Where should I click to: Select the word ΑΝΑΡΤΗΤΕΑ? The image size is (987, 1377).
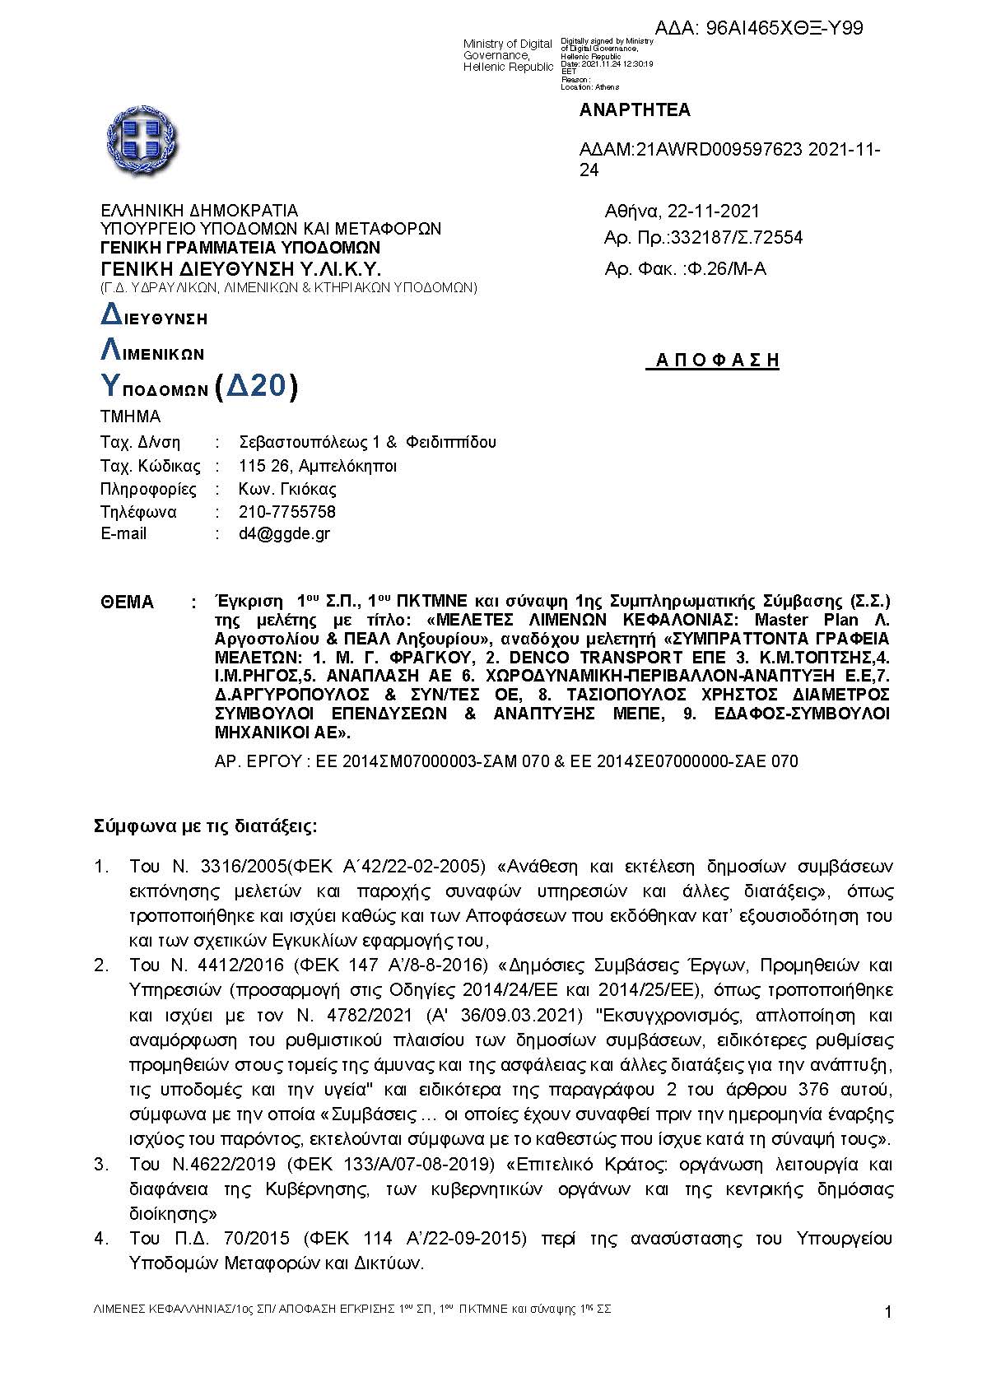(635, 110)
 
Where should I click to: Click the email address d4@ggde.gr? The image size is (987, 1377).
(284, 533)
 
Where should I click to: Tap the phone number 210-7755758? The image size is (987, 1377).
(287, 512)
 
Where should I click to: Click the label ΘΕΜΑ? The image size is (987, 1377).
(127, 602)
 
